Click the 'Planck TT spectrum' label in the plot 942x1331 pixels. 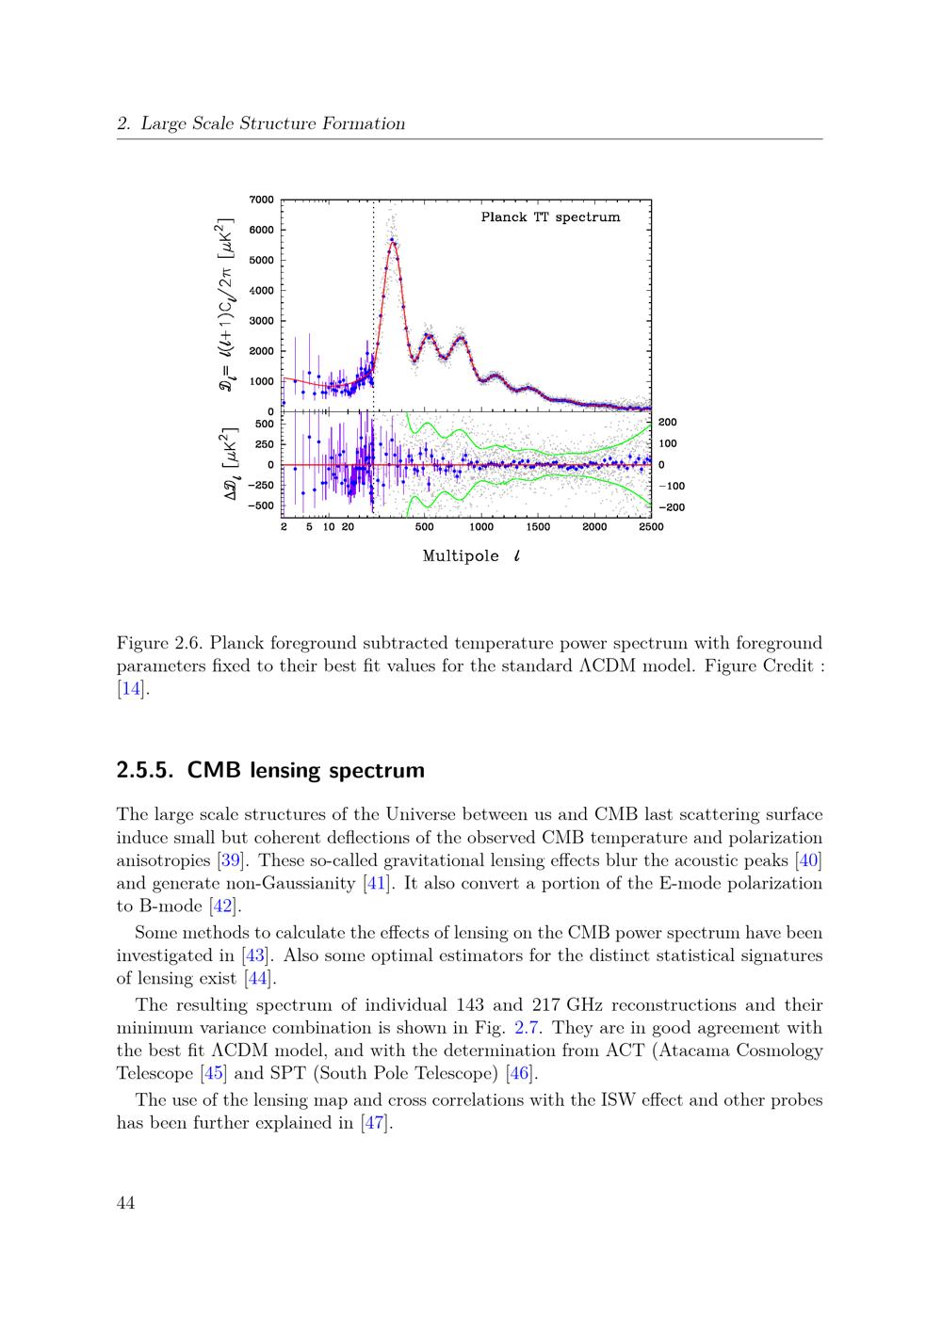550,217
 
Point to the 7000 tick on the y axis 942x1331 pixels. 262,200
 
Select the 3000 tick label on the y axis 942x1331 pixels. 262,321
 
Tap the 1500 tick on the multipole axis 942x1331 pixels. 538,527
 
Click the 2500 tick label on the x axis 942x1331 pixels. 651,527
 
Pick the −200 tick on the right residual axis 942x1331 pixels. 673,507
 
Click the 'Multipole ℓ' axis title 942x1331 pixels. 471,555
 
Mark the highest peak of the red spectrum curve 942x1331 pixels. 392,241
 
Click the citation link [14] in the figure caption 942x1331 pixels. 133,689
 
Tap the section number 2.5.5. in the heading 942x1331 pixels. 146,770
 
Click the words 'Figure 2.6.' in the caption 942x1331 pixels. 159,644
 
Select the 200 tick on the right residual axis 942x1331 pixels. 668,423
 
